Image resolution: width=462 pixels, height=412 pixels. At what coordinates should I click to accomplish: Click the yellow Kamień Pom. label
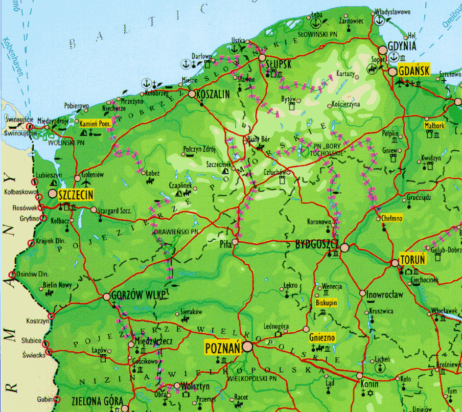[96, 124]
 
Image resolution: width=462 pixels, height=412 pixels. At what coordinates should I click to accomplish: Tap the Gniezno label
[322, 337]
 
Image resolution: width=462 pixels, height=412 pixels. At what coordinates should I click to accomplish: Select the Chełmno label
[392, 218]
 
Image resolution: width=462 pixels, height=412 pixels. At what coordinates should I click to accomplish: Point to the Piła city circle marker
[235, 242]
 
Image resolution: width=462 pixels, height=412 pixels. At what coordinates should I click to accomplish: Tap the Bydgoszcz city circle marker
[344, 248]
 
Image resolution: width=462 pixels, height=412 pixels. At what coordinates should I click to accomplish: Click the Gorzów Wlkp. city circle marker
[107, 296]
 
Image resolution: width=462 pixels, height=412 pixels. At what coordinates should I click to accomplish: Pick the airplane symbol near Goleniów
[85, 183]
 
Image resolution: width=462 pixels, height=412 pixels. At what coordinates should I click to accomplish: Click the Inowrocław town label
[385, 294]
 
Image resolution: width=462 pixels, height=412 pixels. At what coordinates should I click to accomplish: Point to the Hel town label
[412, 36]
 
